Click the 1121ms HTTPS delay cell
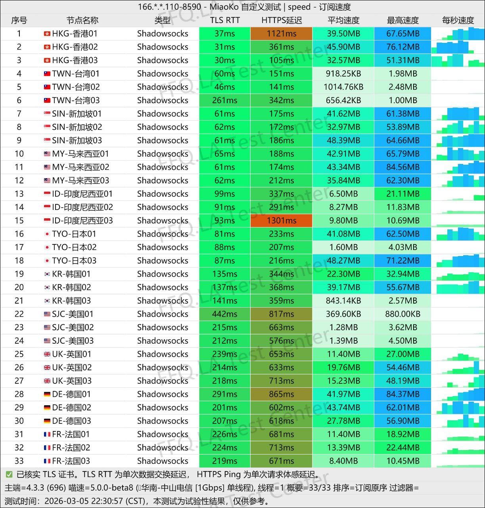tap(281, 34)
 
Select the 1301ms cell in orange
tap(281, 221)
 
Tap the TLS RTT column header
tap(224, 20)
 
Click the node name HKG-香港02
tap(75, 47)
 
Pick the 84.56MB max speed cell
tap(403, 167)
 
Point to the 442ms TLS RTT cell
tap(224, 314)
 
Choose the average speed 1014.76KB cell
tap(343, 87)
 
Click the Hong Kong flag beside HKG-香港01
tap(47, 34)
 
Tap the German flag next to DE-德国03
tap(47, 421)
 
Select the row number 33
tap(19, 461)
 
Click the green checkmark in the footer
tap(9, 475)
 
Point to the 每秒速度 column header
tap(458, 20)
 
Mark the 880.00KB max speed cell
tap(403, 314)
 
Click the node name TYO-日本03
tap(74, 261)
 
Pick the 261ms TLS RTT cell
tap(224, 100)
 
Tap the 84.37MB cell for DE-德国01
tap(403, 394)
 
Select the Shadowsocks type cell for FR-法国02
tap(163, 448)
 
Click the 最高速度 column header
tap(403, 20)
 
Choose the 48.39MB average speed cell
tap(343, 140)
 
